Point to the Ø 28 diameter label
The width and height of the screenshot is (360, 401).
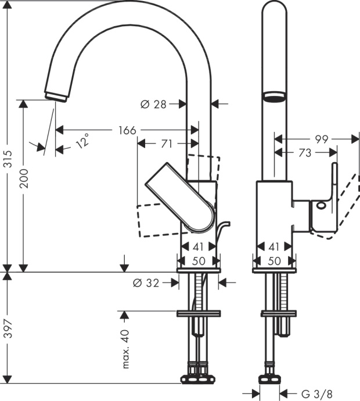pyautogui.click(x=153, y=104)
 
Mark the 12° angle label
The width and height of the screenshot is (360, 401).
pyautogui.click(x=84, y=141)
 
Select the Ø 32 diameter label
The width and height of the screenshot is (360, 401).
pyautogui.click(x=146, y=282)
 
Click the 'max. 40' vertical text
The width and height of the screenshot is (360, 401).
pyautogui.click(x=125, y=349)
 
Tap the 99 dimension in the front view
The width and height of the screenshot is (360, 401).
pyautogui.click(x=322, y=139)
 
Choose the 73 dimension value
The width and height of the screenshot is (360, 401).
pyautogui.click(x=304, y=153)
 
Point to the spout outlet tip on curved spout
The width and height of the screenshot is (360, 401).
pyautogui.click(x=56, y=96)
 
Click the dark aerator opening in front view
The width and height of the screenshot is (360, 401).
pyautogui.click(x=275, y=96)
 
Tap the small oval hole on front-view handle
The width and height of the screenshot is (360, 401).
pyautogui.click(x=321, y=205)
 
